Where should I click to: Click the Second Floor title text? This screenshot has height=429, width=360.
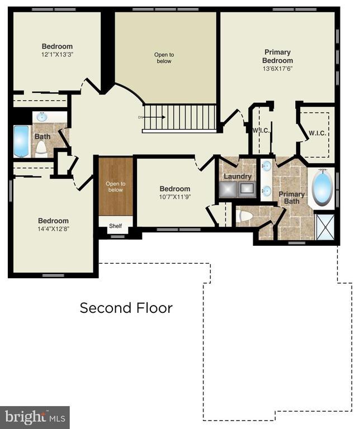[126, 308]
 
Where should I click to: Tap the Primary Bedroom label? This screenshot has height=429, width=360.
[278, 56]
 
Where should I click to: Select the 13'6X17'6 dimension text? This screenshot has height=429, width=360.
[278, 69]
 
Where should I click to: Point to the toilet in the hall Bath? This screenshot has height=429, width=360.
[41, 148]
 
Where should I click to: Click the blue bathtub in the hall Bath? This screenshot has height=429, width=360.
[21, 141]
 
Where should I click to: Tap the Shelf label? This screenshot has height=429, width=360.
[115, 226]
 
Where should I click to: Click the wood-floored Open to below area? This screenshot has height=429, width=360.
[116, 186]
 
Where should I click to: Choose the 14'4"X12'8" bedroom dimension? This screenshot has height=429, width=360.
[53, 229]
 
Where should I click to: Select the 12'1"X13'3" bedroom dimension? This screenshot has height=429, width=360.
[57, 54]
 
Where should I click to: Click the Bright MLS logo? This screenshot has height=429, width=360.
[35, 417]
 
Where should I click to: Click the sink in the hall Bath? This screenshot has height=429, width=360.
[42, 117]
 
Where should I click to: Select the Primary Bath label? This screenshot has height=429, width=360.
[292, 198]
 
